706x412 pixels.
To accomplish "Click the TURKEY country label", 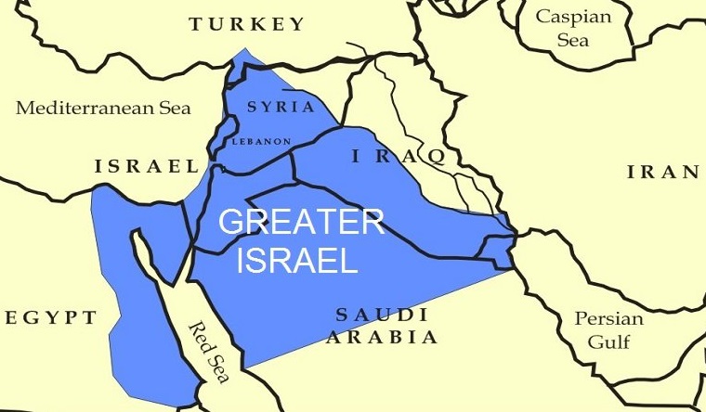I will (246, 24).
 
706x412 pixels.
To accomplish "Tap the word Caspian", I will (573, 17).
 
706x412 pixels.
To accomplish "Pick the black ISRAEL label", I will (146, 167).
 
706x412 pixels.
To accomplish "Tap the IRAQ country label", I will (398, 157).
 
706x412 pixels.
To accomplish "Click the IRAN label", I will (662, 172).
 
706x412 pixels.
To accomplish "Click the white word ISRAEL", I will (297, 261).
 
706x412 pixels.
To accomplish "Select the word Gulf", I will (609, 341).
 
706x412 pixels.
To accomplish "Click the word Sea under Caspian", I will (573, 41).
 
